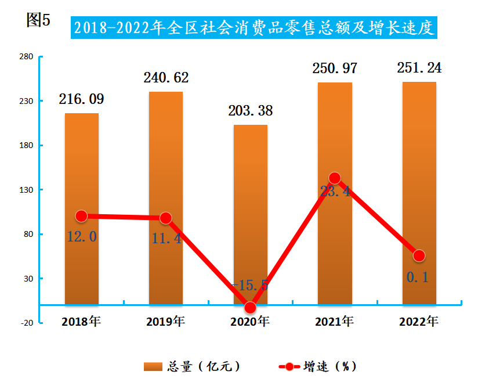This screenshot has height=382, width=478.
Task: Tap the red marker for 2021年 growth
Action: pos(334,178)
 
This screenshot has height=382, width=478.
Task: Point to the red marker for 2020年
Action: pos(250,308)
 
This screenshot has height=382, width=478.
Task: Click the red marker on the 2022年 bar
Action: pos(419,255)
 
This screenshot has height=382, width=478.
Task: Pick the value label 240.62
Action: pos(166,78)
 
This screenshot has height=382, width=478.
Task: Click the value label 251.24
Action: pos(419,68)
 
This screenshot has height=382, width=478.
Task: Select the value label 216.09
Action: pos(82,99)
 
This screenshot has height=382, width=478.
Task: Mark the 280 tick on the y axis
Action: pos(26,57)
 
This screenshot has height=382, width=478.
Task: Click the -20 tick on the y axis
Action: pos(27,323)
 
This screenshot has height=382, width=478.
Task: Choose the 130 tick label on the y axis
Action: pos(26,190)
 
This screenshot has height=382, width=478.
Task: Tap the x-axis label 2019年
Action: pos(166,321)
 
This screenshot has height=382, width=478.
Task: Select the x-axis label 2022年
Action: pos(419,321)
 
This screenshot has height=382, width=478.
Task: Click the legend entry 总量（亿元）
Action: pos(192,366)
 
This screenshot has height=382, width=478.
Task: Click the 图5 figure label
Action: pos(39,20)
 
